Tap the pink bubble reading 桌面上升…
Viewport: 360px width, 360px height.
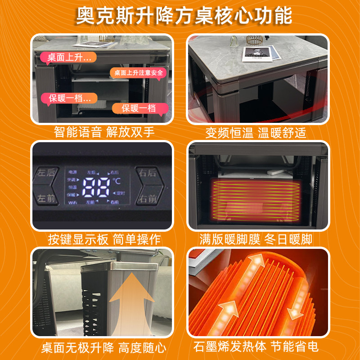pos(67,57)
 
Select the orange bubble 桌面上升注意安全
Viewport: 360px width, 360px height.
pos(138,72)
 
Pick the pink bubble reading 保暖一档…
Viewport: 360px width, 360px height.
pos(67,98)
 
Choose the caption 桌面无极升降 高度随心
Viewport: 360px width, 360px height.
pos(103,347)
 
